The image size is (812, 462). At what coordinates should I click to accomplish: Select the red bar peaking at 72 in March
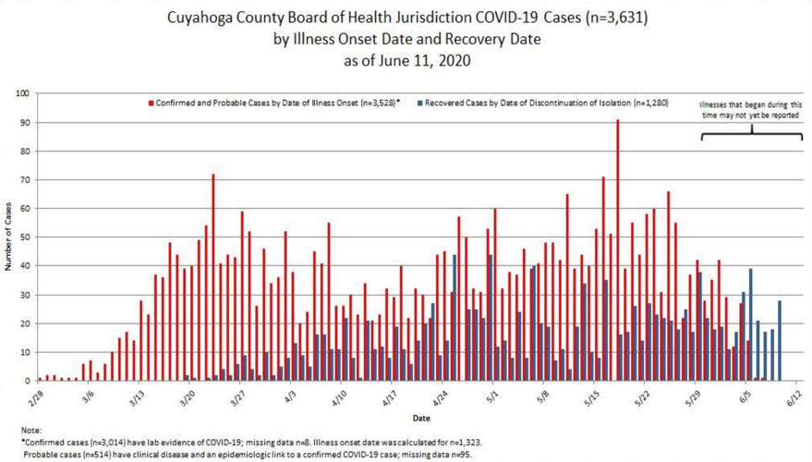tap(212, 277)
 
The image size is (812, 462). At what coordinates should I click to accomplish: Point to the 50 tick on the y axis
tap(25, 237)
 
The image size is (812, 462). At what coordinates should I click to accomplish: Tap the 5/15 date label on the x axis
tap(591, 396)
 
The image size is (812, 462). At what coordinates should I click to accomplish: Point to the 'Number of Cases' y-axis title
tap(8, 237)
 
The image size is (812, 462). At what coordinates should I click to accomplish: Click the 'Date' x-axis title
tap(420, 418)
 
